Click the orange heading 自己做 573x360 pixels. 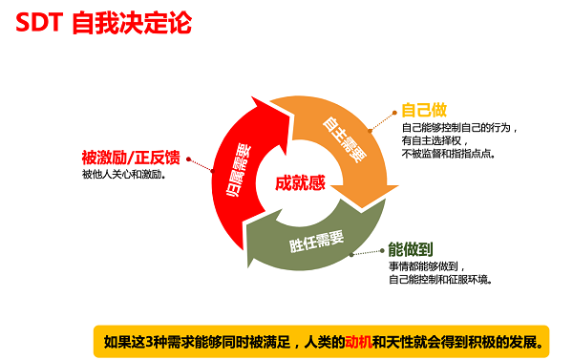[x=424, y=110]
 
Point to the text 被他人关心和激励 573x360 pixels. [x=124, y=174]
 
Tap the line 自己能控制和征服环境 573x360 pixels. [x=440, y=279]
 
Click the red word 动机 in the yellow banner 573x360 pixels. [x=360, y=339]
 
